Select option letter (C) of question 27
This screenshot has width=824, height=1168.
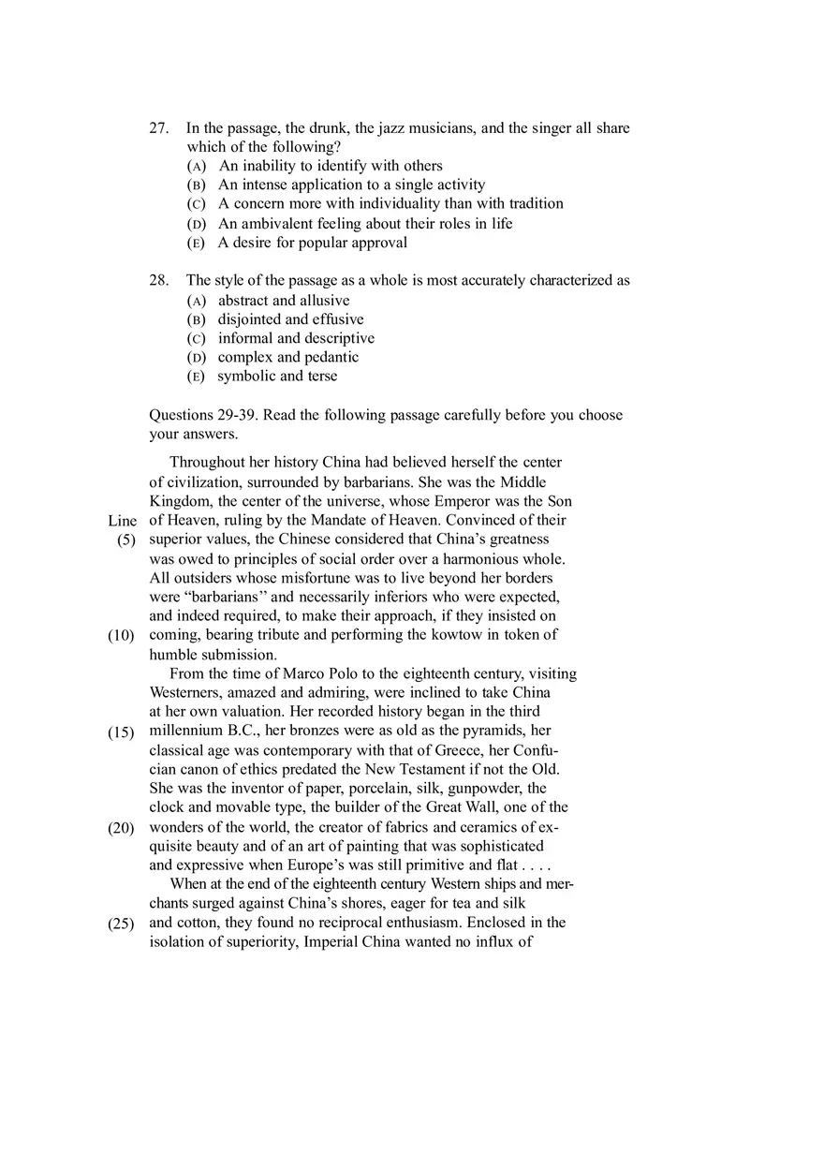click(196, 204)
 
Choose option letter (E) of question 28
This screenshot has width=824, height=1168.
click(196, 377)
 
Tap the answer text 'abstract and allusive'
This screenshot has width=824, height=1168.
click(284, 301)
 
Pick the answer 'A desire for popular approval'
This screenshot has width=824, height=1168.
click(313, 243)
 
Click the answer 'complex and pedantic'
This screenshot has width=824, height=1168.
click(288, 357)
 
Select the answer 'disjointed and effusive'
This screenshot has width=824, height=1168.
click(291, 319)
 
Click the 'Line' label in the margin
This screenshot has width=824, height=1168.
click(122, 521)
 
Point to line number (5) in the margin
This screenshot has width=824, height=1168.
click(126, 540)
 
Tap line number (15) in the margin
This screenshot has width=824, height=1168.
click(121, 732)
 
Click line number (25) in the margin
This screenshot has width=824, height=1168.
click(121, 923)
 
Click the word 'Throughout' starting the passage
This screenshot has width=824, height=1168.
click(206, 463)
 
